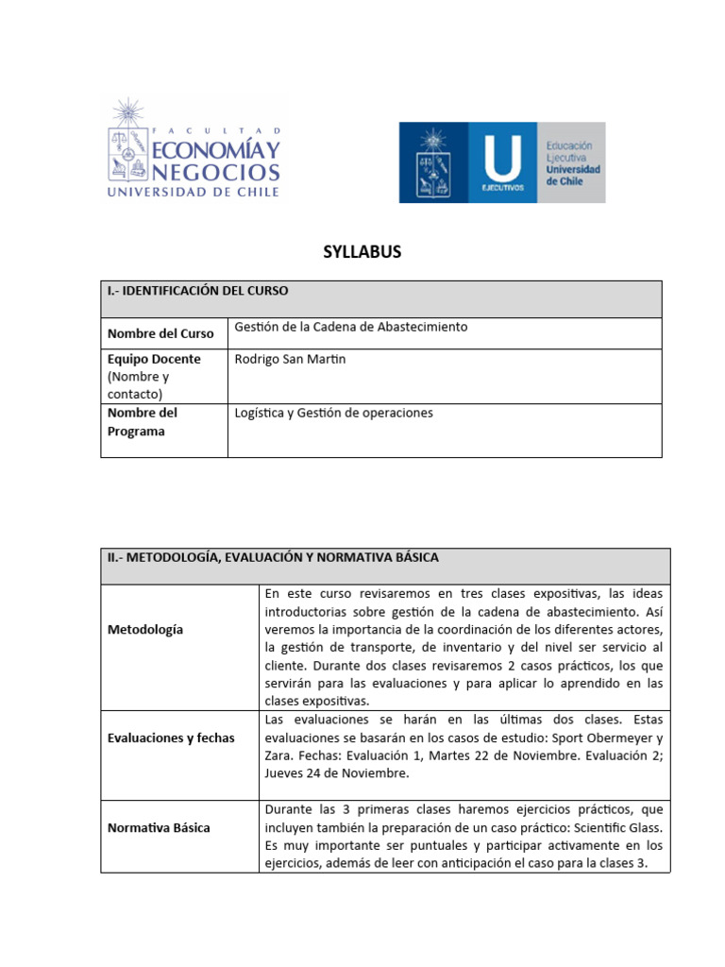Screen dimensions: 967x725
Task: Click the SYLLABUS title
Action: point(362,251)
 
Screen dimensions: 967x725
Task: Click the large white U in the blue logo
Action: point(501,157)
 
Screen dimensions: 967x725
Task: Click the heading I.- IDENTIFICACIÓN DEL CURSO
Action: point(197,291)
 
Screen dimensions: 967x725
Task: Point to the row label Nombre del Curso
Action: point(160,333)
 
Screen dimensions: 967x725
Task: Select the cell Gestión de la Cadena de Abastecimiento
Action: point(350,327)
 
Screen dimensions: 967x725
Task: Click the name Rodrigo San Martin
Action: point(290,360)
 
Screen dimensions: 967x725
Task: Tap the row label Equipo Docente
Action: point(154,360)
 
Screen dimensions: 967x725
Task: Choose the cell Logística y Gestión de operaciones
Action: point(333,413)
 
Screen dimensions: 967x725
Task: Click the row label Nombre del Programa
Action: point(143,422)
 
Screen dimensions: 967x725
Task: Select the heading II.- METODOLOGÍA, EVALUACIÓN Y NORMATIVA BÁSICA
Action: point(273,558)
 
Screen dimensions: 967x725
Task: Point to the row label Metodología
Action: point(145,629)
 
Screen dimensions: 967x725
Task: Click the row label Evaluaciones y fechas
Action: point(171,738)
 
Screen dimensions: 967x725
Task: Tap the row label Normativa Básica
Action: point(159,827)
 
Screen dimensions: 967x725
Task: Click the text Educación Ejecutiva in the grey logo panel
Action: point(570,154)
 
